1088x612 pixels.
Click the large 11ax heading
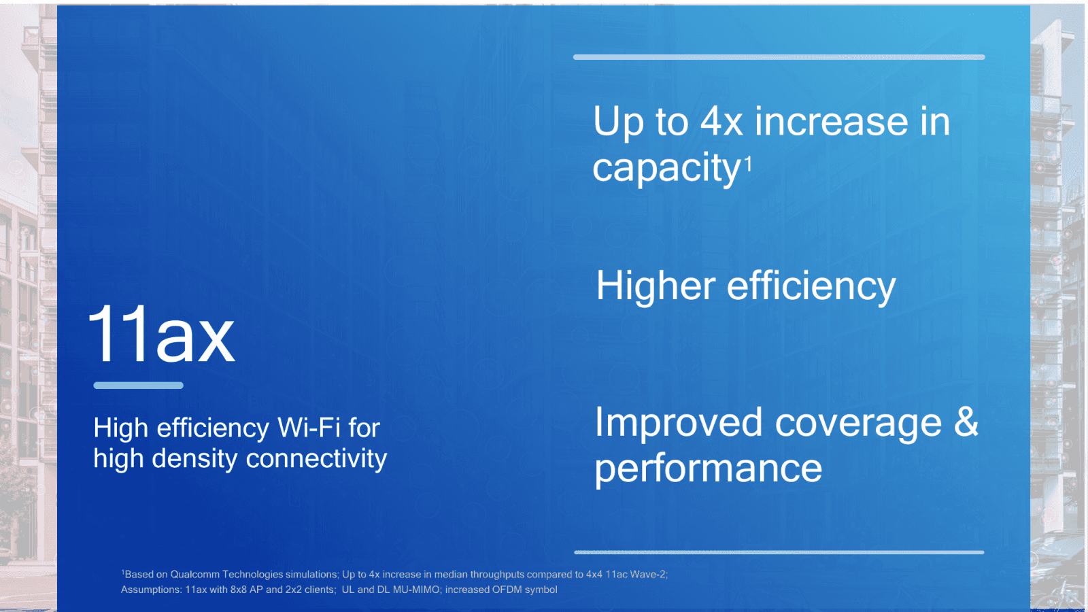point(161,335)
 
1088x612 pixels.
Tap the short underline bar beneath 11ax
point(138,386)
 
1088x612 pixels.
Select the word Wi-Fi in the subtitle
point(309,428)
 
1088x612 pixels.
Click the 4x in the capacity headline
point(721,122)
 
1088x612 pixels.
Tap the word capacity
point(666,168)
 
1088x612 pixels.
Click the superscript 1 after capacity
point(748,163)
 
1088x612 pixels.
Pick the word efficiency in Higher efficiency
point(811,286)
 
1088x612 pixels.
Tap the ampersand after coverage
point(966,422)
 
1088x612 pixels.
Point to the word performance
point(708,469)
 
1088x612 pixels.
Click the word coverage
point(858,423)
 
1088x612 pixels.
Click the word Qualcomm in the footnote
point(194,575)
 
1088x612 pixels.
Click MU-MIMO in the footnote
point(416,590)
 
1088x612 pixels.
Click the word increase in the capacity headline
point(831,122)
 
